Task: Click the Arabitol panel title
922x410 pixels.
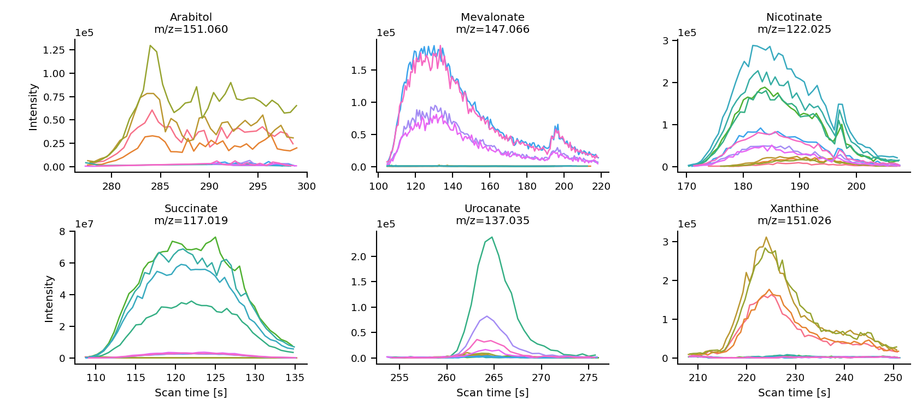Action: (191, 17)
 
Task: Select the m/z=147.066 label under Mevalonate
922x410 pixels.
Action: (492, 30)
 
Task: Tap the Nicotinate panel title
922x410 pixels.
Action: (794, 17)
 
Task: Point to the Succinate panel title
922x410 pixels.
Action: (191, 209)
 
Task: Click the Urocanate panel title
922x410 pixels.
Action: (492, 209)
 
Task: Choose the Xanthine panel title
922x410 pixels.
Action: (794, 209)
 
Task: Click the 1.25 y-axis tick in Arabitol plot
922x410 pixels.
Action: (54, 50)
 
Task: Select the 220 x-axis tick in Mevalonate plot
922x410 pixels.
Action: (601, 186)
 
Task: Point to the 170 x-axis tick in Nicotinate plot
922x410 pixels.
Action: (686, 186)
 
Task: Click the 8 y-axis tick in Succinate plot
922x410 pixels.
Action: (62, 232)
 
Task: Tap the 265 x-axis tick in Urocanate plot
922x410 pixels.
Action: (494, 378)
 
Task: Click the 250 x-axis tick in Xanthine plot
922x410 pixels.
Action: (893, 378)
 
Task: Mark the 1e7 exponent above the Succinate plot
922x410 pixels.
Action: (84, 224)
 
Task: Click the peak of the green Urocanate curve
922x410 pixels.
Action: (492, 237)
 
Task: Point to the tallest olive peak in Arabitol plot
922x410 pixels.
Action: (150, 45)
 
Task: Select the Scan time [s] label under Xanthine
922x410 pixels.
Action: (794, 393)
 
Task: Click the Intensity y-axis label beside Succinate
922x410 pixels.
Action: (49, 298)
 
